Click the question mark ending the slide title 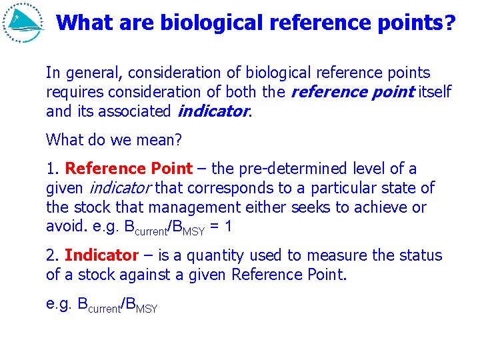pos(450,23)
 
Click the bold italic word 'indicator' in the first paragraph pos(213,111)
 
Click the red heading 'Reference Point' pos(129,169)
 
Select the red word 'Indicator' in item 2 pos(101,255)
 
